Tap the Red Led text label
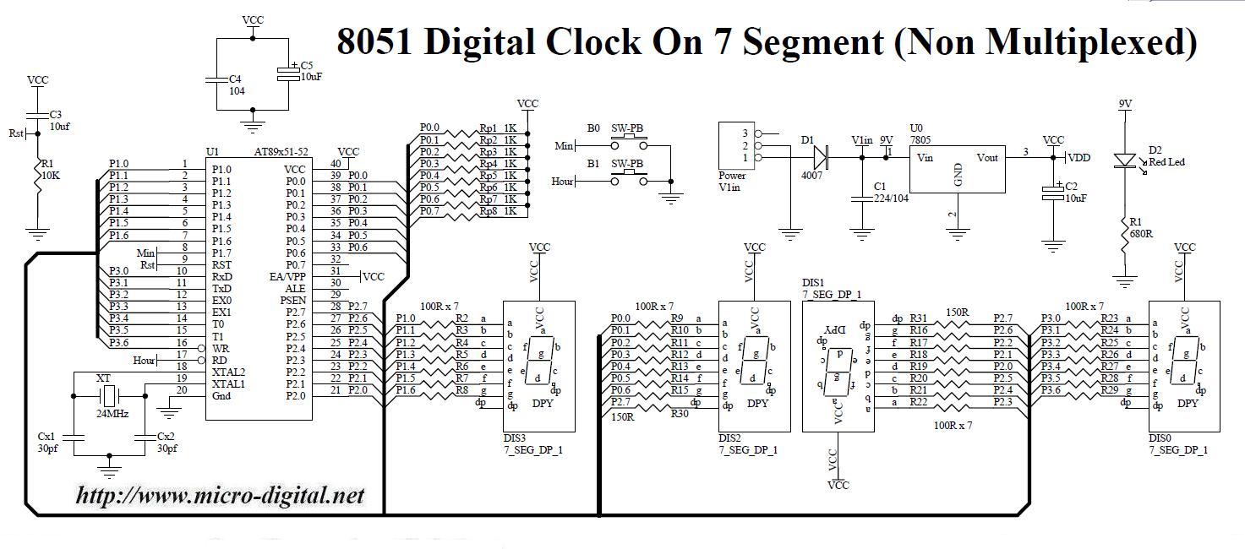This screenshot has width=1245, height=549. pyautogui.click(x=1166, y=161)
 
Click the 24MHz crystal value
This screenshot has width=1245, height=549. pyautogui.click(x=106, y=415)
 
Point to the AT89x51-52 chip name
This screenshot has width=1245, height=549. pyautogui.click(x=281, y=152)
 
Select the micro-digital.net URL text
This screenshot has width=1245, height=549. pyautogui.click(x=220, y=495)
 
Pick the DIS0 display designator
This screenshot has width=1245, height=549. pyautogui.click(x=1161, y=438)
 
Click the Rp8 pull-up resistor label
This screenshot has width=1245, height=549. pyautogui.click(x=488, y=211)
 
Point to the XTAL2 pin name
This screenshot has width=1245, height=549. pyautogui.click(x=228, y=372)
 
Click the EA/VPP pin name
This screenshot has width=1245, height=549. pyautogui.click(x=287, y=276)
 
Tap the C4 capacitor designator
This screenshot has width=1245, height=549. pyautogui.click(x=237, y=79)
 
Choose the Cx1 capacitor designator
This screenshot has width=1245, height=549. pyautogui.click(x=46, y=436)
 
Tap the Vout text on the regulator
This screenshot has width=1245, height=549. pyautogui.click(x=987, y=157)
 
